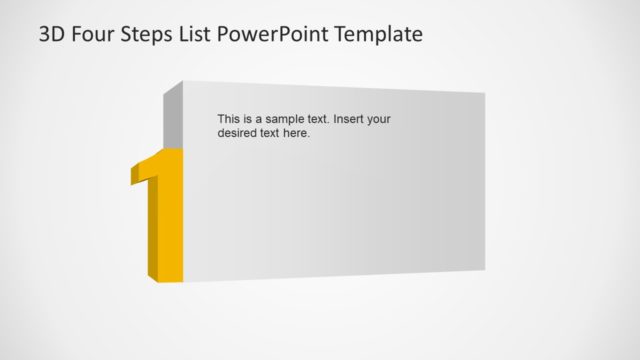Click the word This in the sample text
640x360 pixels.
(x=228, y=119)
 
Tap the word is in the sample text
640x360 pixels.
(x=247, y=119)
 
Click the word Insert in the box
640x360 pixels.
(x=349, y=119)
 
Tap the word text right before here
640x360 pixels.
(x=271, y=133)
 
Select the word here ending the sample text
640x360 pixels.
(x=297, y=133)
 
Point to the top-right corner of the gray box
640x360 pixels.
(x=485, y=94)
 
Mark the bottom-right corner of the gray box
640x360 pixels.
(x=485, y=269)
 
